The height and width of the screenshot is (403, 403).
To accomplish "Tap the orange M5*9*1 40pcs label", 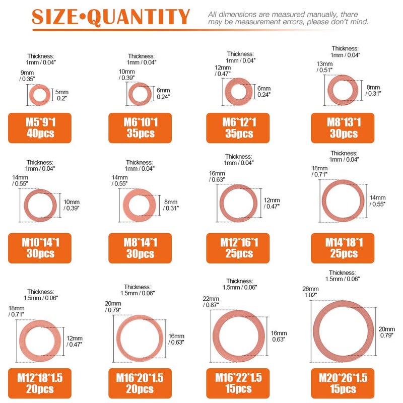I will [40, 127].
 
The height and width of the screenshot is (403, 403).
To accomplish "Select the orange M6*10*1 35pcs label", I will [140, 127].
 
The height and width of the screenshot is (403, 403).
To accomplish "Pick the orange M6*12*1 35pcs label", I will [238, 127].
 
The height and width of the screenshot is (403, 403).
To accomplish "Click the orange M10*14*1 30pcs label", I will [40, 248].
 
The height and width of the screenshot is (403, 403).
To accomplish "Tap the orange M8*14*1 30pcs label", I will [140, 248].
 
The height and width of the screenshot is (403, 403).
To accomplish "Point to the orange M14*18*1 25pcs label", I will [344, 247].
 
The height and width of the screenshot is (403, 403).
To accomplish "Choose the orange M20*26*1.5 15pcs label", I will [344, 383].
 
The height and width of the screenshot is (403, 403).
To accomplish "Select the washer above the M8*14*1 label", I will [140, 206].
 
